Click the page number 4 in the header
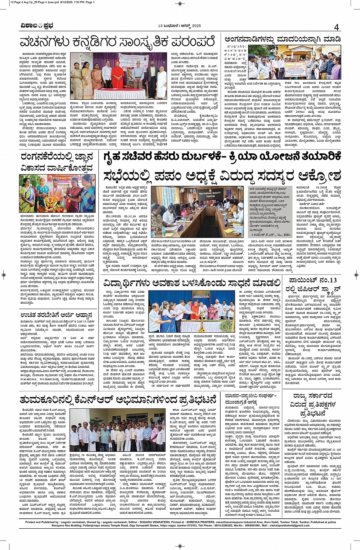click(x=336, y=27)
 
